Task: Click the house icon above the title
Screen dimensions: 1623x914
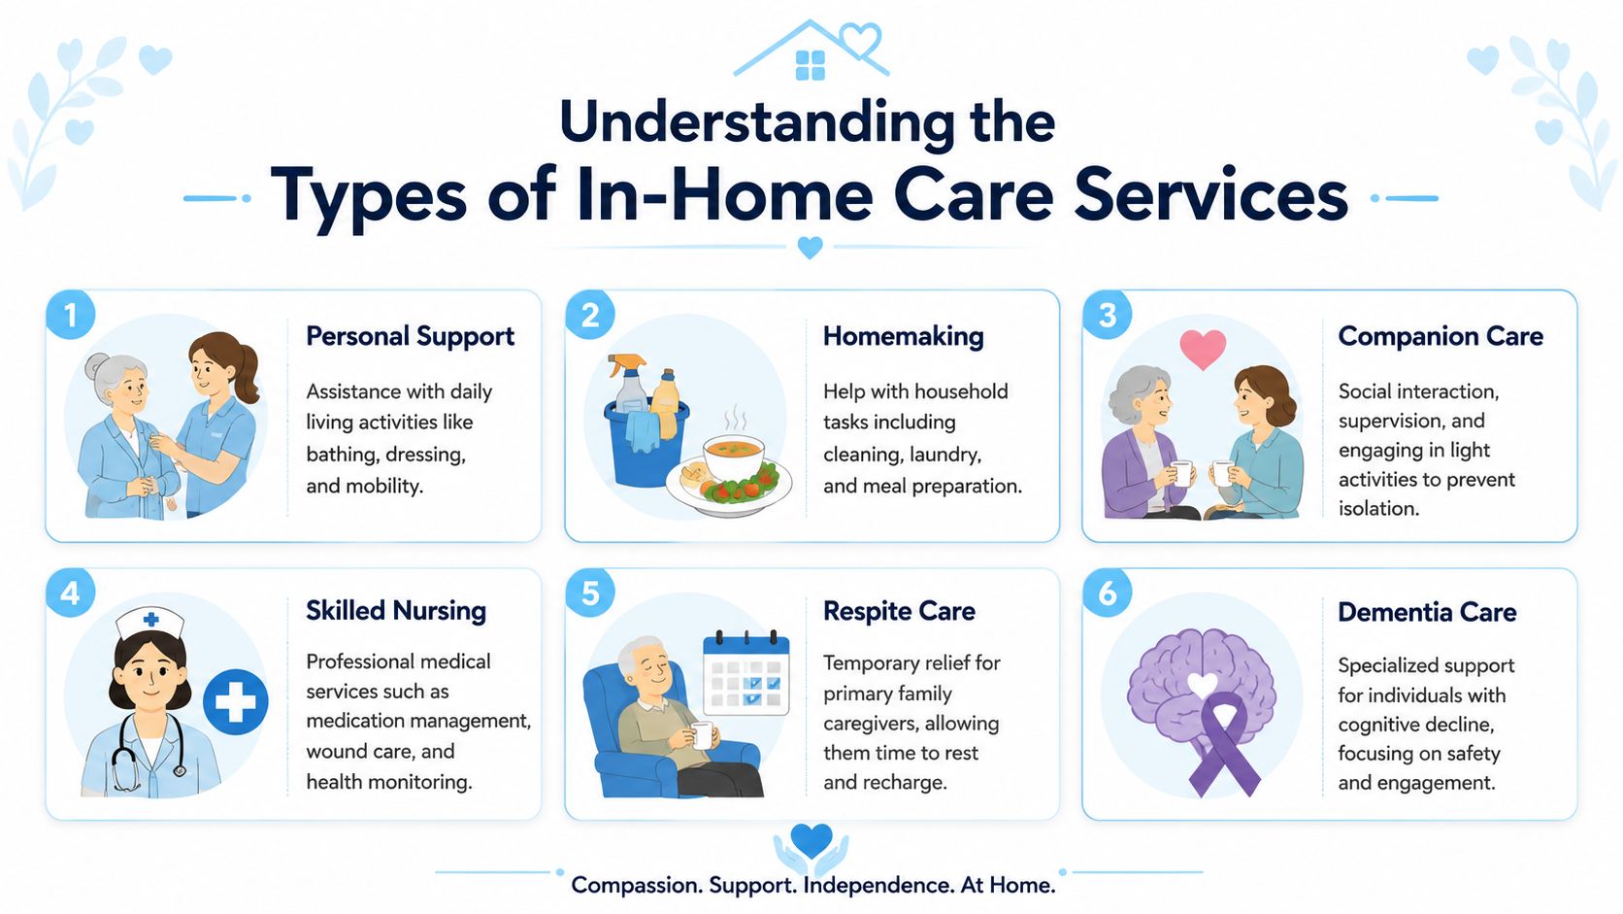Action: pyautogui.click(x=811, y=50)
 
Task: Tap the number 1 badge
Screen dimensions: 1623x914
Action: pyautogui.click(x=70, y=316)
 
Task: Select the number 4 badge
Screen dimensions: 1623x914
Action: pyautogui.click(x=70, y=592)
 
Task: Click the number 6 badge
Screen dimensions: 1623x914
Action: pyautogui.click(x=1108, y=592)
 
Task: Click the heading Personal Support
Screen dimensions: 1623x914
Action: pyautogui.click(x=410, y=337)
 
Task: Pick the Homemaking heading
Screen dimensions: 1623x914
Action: pyautogui.click(x=904, y=336)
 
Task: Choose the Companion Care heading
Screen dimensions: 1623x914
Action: pyautogui.click(x=1441, y=336)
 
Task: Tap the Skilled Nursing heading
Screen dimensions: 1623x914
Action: pyautogui.click(x=396, y=611)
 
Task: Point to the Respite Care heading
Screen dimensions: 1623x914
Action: pyautogui.click(x=899, y=612)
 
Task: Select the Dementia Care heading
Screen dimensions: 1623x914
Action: pyautogui.click(x=1427, y=613)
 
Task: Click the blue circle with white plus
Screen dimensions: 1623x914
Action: pyautogui.click(x=236, y=701)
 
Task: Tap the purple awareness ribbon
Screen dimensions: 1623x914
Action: pyautogui.click(x=1224, y=744)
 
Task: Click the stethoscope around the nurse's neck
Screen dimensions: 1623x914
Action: pyautogui.click(x=149, y=753)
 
